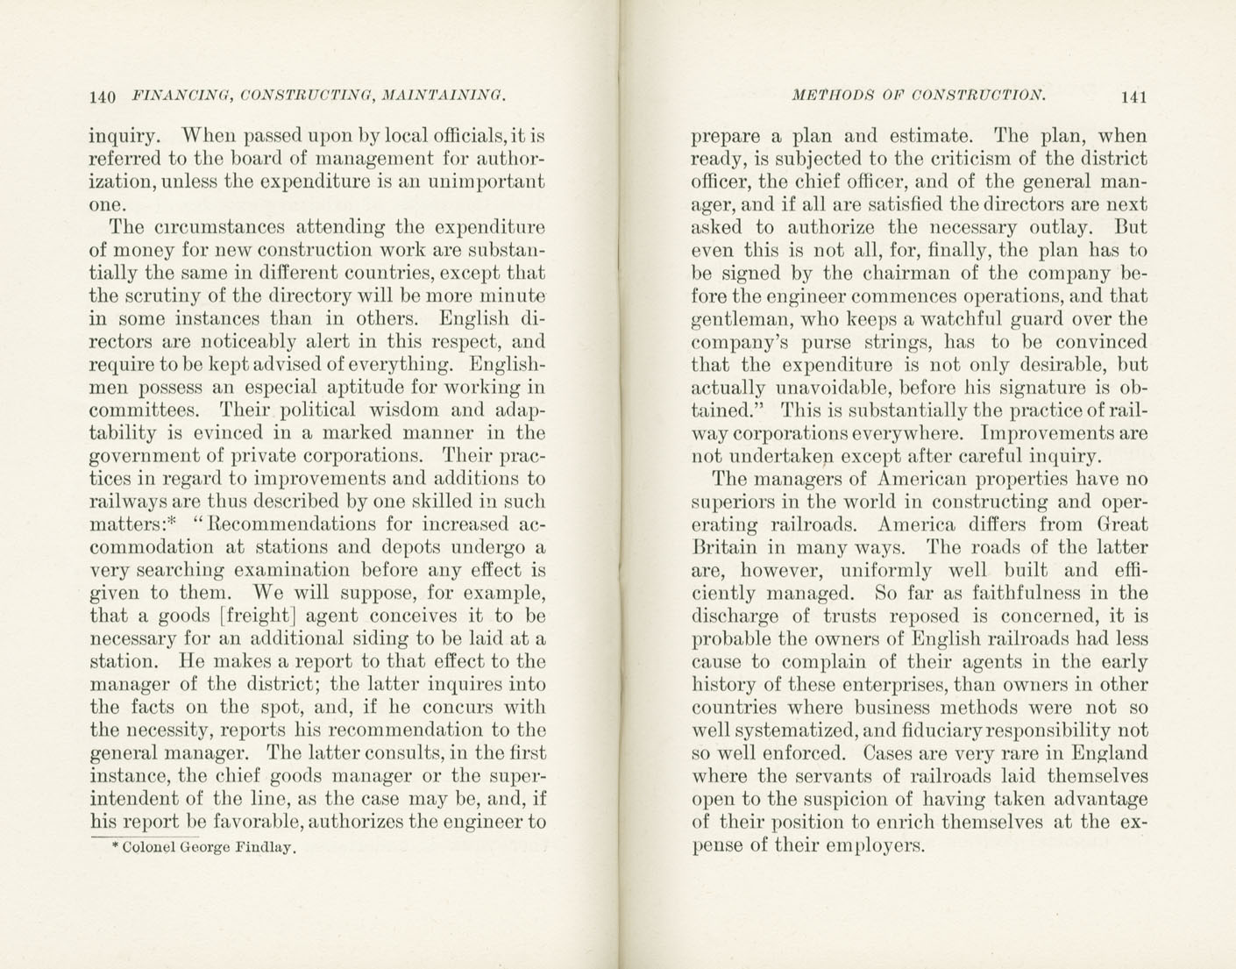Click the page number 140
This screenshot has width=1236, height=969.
(103, 96)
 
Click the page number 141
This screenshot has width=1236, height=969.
(1132, 96)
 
